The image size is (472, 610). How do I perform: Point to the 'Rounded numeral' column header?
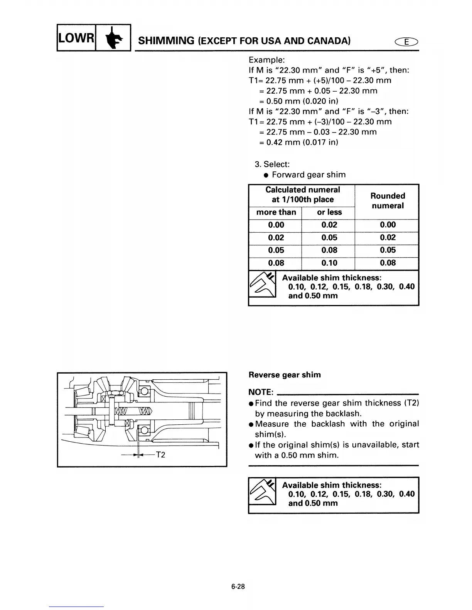click(387, 201)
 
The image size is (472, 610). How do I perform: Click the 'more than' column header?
click(276, 212)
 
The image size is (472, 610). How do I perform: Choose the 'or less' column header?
click(329, 212)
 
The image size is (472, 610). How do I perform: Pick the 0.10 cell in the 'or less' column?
click(329, 263)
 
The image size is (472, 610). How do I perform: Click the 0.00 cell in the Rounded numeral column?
click(388, 225)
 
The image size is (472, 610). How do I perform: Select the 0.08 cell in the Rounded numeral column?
click(388, 263)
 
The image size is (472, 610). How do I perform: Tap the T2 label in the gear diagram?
click(160, 455)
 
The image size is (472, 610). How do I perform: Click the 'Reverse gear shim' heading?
click(285, 375)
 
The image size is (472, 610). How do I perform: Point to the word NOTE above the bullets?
click(261, 392)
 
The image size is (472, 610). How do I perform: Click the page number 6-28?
click(238, 587)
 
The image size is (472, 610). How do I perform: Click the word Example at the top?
click(267, 60)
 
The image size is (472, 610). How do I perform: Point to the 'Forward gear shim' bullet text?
click(308, 175)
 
